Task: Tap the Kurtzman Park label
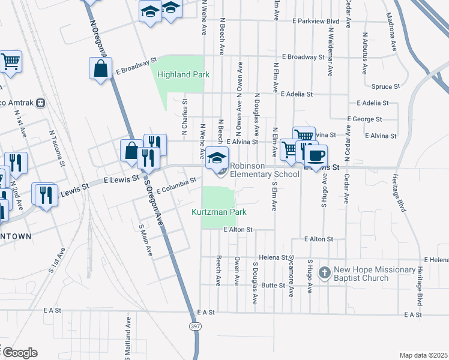click(219, 212)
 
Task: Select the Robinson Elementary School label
click(264, 170)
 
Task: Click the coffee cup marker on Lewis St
click(316, 156)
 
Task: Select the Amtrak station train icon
click(41, 103)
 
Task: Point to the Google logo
click(19, 353)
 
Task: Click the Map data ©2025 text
click(423, 355)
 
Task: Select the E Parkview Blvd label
click(315, 21)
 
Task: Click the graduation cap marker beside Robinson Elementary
click(217, 158)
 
